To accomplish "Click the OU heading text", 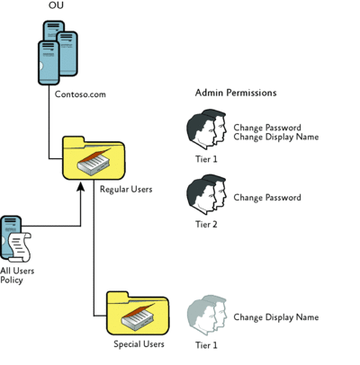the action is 56,5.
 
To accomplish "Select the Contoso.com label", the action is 80,94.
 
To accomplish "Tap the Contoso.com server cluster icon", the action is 58,53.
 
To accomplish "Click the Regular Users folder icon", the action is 94,158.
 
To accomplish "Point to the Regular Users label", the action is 126,190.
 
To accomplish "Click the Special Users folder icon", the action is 138,313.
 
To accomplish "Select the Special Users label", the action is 139,343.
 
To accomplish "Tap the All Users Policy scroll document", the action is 20,247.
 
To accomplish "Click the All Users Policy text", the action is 17,275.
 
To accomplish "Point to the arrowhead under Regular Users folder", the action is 80,186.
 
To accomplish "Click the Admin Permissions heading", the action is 236,93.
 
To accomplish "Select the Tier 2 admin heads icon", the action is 206,194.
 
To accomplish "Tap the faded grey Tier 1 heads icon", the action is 206,314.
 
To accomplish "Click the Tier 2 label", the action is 206,224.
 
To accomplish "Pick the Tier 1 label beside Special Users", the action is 206,345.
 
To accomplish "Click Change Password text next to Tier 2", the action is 267,198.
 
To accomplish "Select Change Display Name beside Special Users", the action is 276,317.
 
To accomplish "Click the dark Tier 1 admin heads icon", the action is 206,129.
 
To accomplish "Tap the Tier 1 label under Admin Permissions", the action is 206,159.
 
